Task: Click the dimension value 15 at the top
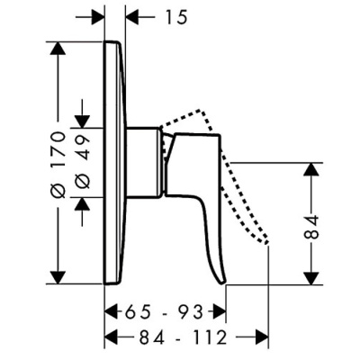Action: [157, 15]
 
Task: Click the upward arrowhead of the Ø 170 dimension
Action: [59, 48]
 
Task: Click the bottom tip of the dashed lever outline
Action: [266, 241]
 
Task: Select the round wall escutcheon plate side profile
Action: [114, 162]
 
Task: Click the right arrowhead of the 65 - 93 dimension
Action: [219, 312]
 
